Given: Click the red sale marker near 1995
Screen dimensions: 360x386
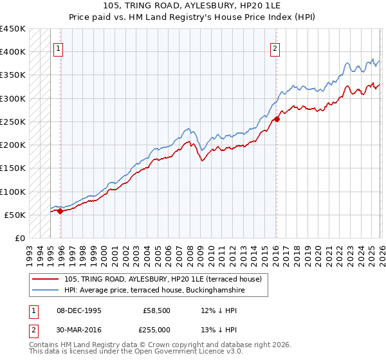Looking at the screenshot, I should pyautogui.click(x=60, y=210).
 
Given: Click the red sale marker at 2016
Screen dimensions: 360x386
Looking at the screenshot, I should pyautogui.click(x=277, y=118).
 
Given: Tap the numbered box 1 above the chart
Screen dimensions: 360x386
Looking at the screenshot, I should pyautogui.click(x=59, y=48).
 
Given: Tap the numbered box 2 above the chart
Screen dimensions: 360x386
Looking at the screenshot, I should pyautogui.click(x=275, y=48).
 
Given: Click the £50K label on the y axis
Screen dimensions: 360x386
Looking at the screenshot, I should pyautogui.click(x=15, y=215).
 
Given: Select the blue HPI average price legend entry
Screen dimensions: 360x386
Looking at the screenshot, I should pyautogui.click(x=155, y=291).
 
